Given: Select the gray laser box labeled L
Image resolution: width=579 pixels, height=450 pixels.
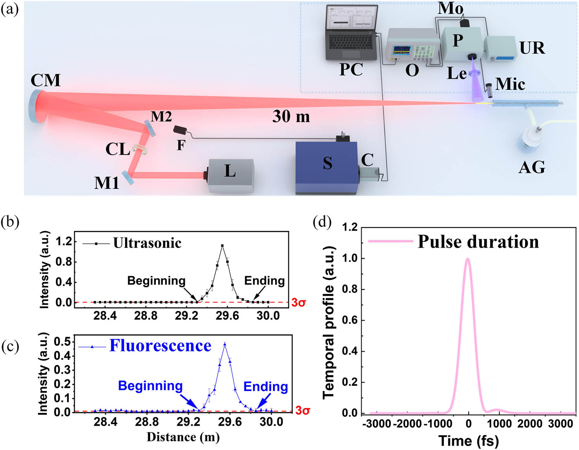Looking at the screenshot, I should pyautogui.click(x=231, y=175).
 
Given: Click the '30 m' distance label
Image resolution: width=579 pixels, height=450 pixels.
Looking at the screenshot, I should pyautogui.click(x=291, y=116).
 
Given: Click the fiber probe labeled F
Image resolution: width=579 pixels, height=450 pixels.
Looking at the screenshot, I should pyautogui.click(x=180, y=131).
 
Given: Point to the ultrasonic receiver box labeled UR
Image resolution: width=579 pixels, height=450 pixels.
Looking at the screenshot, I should pyautogui.click(x=500, y=49).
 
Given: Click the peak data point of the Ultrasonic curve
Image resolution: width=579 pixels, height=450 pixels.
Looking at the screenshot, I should pyautogui.click(x=222, y=246).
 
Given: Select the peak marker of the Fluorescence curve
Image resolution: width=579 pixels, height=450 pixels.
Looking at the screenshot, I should pyautogui.click(x=225, y=344).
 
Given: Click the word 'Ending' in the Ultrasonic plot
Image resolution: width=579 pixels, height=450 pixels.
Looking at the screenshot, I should pyautogui.click(x=264, y=281).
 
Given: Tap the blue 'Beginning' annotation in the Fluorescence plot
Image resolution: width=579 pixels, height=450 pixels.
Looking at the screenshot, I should pyautogui.click(x=150, y=386).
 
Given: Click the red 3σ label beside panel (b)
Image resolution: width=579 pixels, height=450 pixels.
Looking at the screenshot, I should pyautogui.click(x=298, y=303).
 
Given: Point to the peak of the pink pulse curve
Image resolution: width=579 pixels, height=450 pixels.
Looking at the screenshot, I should pyautogui.click(x=468, y=259).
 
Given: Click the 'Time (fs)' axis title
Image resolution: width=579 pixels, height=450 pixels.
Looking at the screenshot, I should pyautogui.click(x=468, y=441).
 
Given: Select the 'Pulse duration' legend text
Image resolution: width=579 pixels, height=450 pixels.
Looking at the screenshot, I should pyautogui.click(x=478, y=242).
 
